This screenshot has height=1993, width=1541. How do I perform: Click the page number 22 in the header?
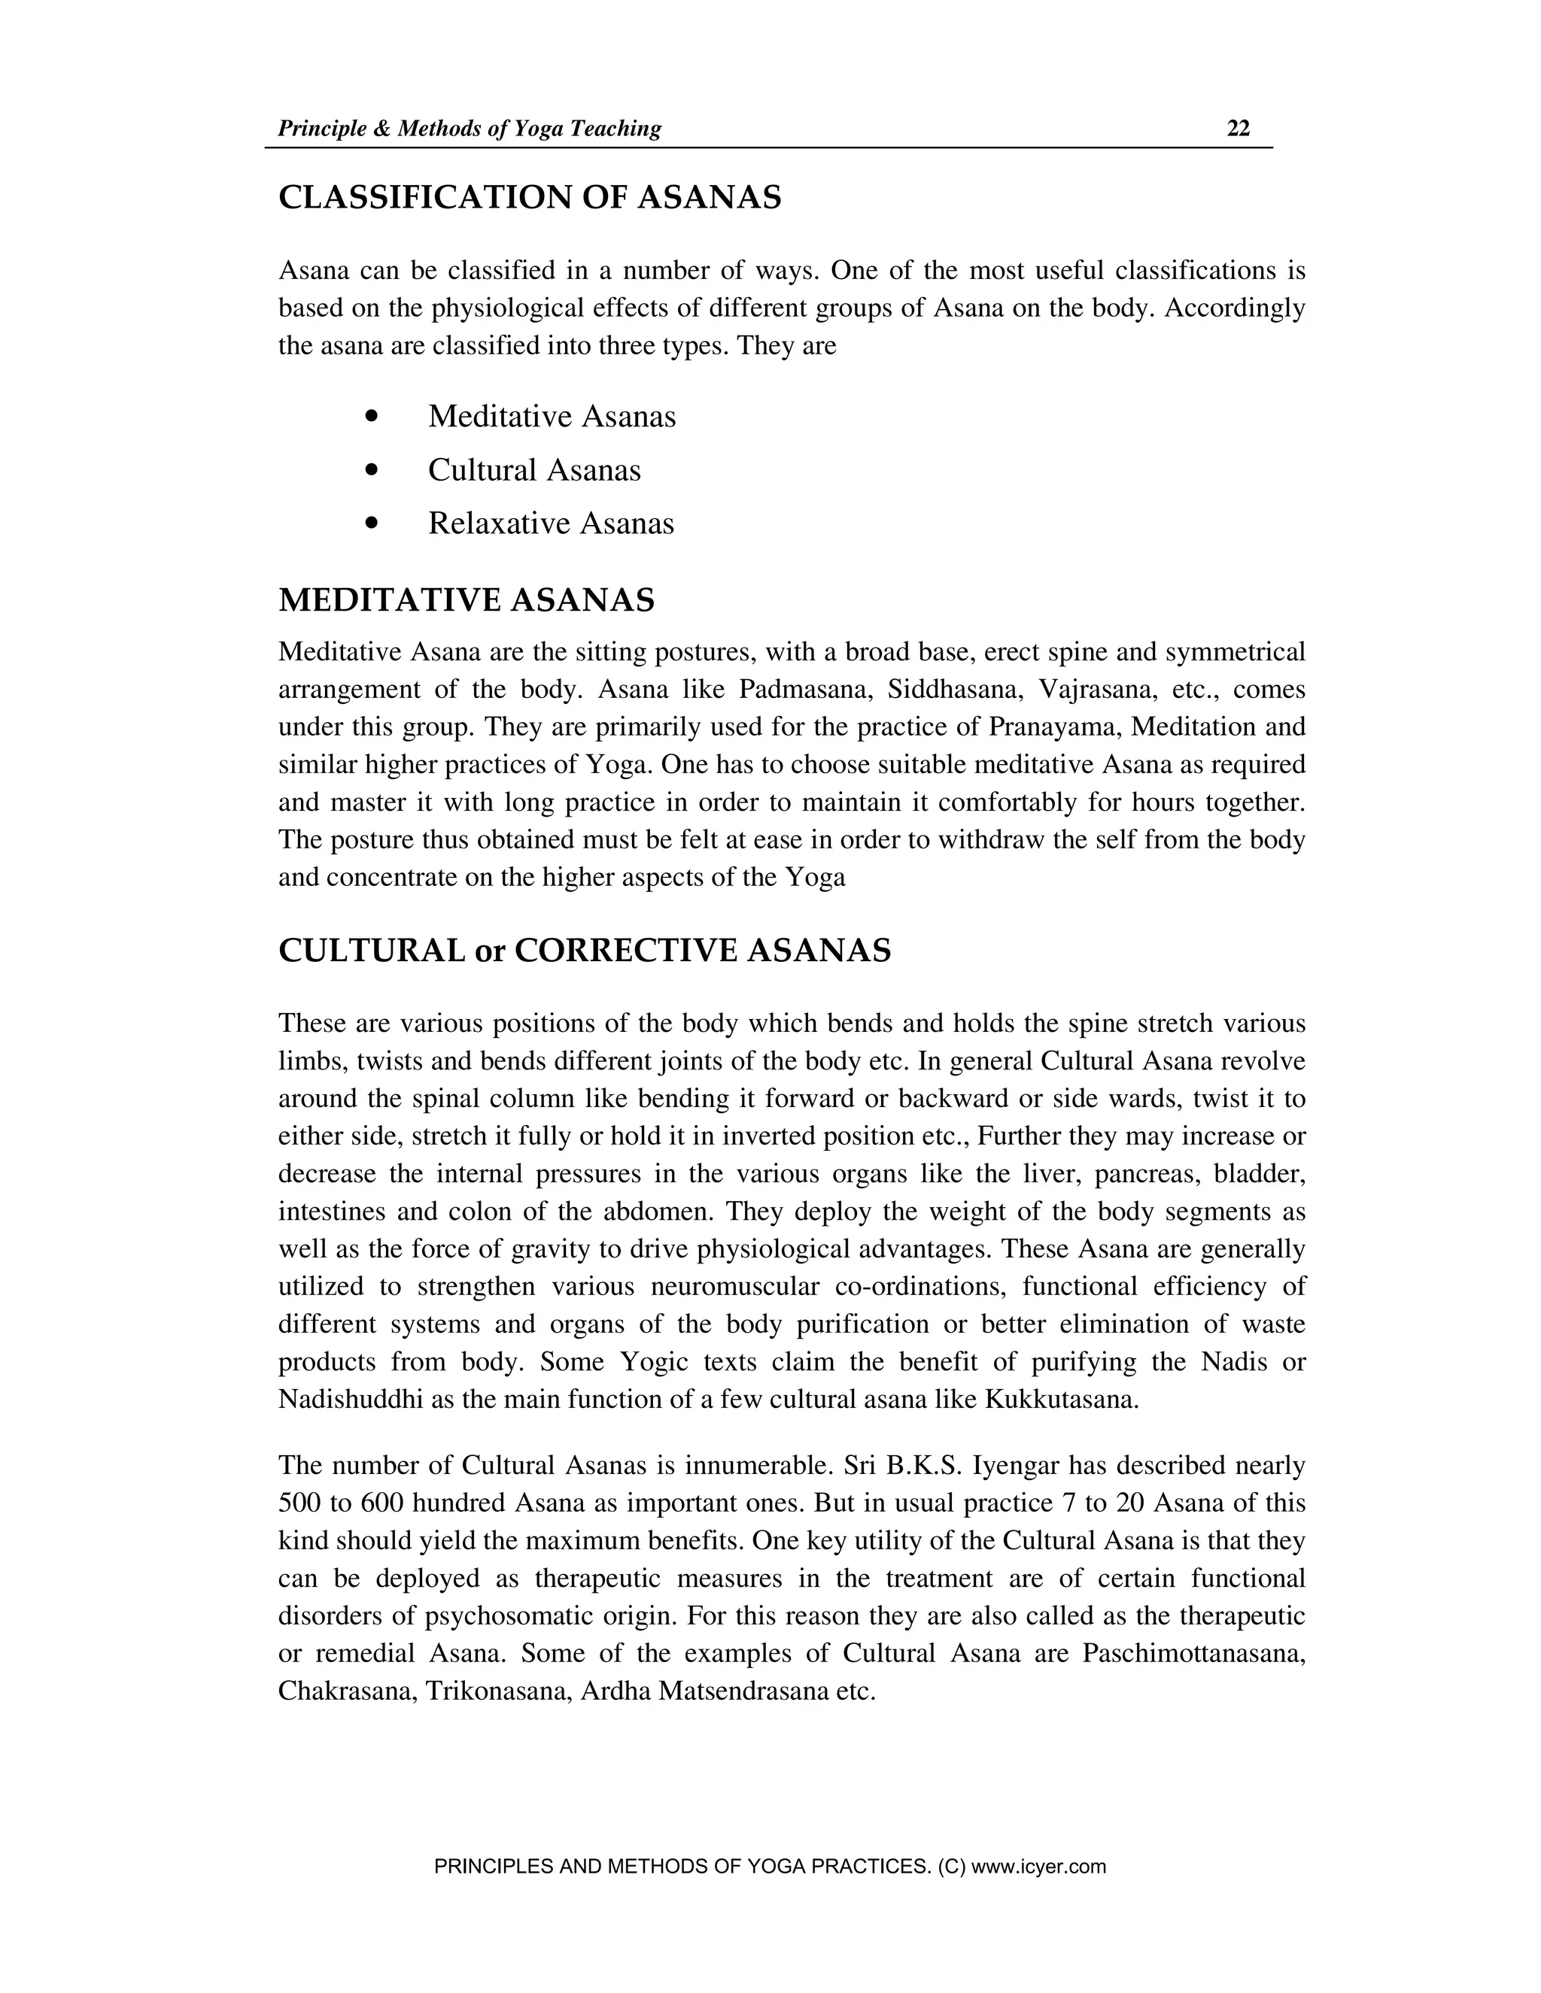[1238, 129]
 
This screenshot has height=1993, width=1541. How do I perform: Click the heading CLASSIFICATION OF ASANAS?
[530, 197]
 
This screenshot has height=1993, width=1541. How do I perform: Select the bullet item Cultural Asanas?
[534, 470]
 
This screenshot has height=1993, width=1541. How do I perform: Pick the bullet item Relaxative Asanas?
[551, 523]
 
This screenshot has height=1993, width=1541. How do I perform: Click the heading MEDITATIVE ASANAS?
[467, 600]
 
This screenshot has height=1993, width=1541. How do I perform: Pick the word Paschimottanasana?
[1193, 1654]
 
